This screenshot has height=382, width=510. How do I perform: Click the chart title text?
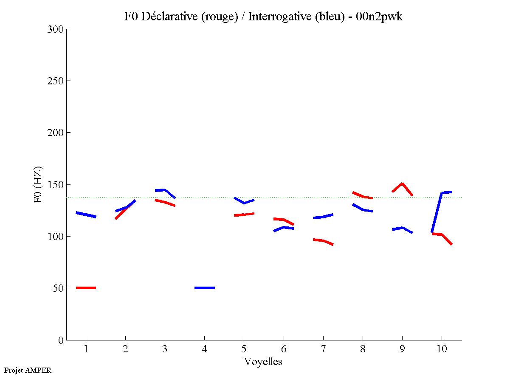click(x=263, y=17)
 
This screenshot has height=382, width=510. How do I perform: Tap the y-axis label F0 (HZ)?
click(x=38, y=184)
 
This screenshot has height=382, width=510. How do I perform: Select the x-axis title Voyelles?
click(x=263, y=362)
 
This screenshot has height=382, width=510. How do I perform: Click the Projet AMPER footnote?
click(x=28, y=370)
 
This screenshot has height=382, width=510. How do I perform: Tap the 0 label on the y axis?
click(x=61, y=340)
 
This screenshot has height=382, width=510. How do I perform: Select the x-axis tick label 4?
click(x=204, y=349)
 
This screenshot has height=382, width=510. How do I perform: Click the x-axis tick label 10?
click(x=442, y=349)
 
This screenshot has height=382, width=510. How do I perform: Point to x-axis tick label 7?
click(x=323, y=349)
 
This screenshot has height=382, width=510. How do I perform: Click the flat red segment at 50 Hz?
click(x=86, y=288)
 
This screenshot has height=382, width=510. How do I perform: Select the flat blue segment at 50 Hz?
click(x=204, y=288)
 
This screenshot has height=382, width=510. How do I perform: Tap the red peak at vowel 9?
click(x=402, y=184)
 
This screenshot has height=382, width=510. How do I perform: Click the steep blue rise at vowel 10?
click(x=437, y=212)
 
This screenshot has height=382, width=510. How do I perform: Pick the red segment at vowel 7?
click(x=323, y=241)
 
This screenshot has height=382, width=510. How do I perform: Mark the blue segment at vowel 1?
click(x=86, y=215)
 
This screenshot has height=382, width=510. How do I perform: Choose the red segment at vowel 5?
click(x=244, y=215)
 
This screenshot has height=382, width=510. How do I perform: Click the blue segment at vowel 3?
click(x=165, y=190)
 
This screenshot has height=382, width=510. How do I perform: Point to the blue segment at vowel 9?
click(x=402, y=229)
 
